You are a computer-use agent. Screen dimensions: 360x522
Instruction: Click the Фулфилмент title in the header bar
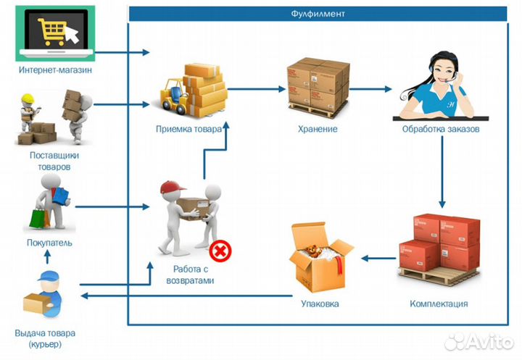point(317,13)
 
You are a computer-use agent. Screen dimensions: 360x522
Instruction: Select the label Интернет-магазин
point(56,70)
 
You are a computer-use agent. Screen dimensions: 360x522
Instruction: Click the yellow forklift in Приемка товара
point(173,99)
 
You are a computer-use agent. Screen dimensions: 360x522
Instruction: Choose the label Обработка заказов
point(441,129)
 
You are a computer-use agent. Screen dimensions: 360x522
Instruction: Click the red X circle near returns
point(220,251)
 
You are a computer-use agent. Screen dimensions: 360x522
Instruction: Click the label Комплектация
point(439,304)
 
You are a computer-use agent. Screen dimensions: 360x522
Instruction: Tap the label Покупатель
point(49,243)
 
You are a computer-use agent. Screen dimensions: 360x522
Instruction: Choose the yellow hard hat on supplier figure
point(28,99)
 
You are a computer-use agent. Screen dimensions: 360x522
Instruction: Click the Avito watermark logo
point(479,340)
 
